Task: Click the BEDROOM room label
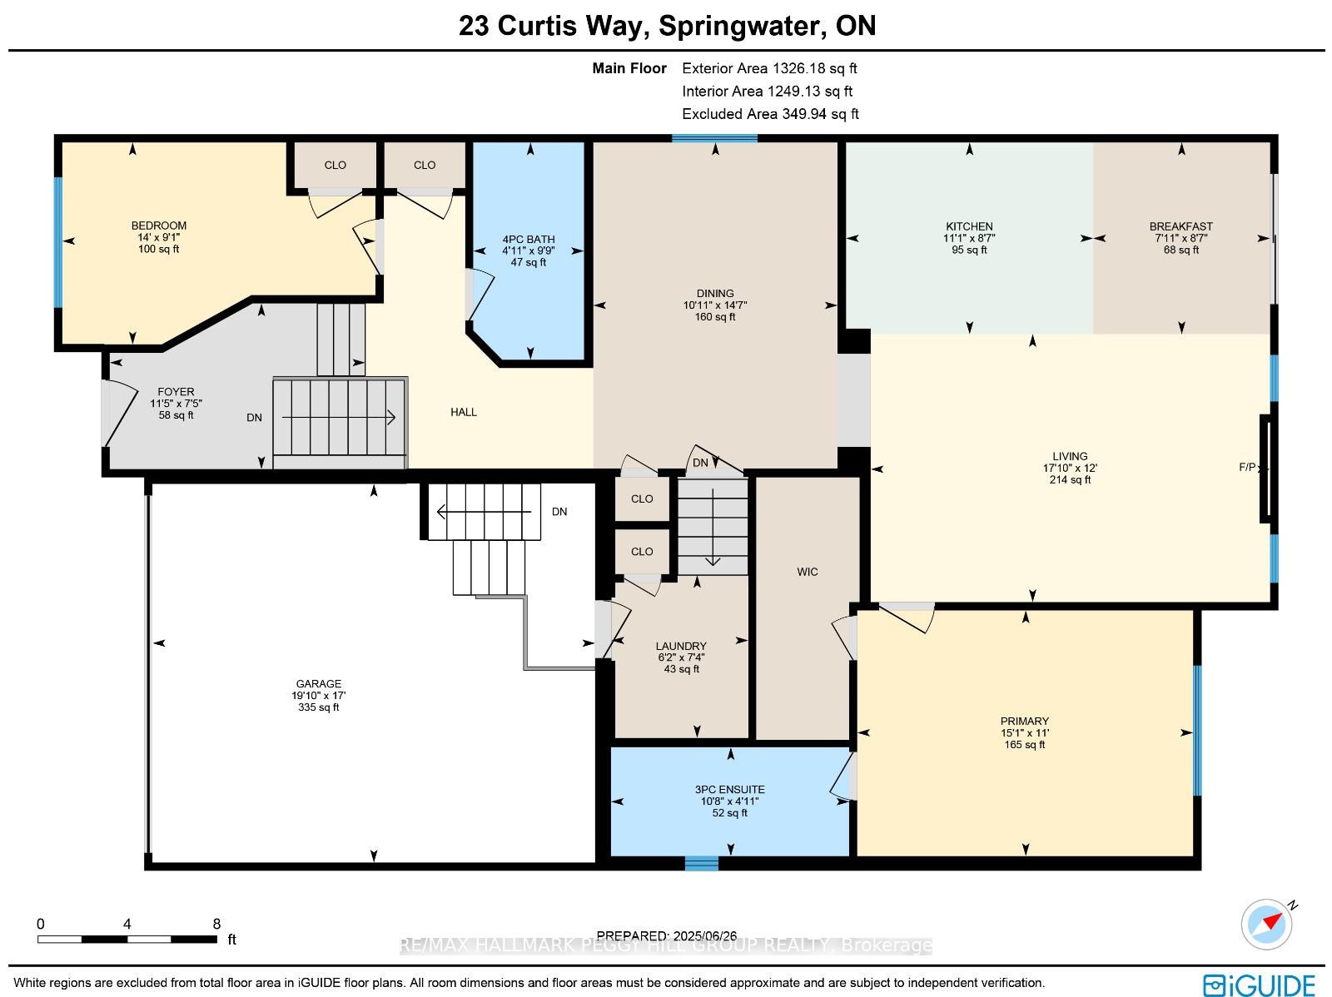(159, 226)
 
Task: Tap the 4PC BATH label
(529, 240)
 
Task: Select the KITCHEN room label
(969, 227)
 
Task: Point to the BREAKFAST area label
(1180, 227)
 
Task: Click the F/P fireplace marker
(1247, 467)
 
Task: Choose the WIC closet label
(807, 572)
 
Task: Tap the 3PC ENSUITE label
(729, 790)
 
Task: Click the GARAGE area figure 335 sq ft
(319, 707)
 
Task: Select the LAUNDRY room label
(681, 646)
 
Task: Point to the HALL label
(464, 413)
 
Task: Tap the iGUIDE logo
(1260, 985)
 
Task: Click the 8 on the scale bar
(216, 924)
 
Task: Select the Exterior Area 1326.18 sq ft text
(769, 68)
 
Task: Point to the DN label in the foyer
(254, 417)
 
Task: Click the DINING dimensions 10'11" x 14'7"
(715, 305)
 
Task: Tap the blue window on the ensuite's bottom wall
(702, 863)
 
